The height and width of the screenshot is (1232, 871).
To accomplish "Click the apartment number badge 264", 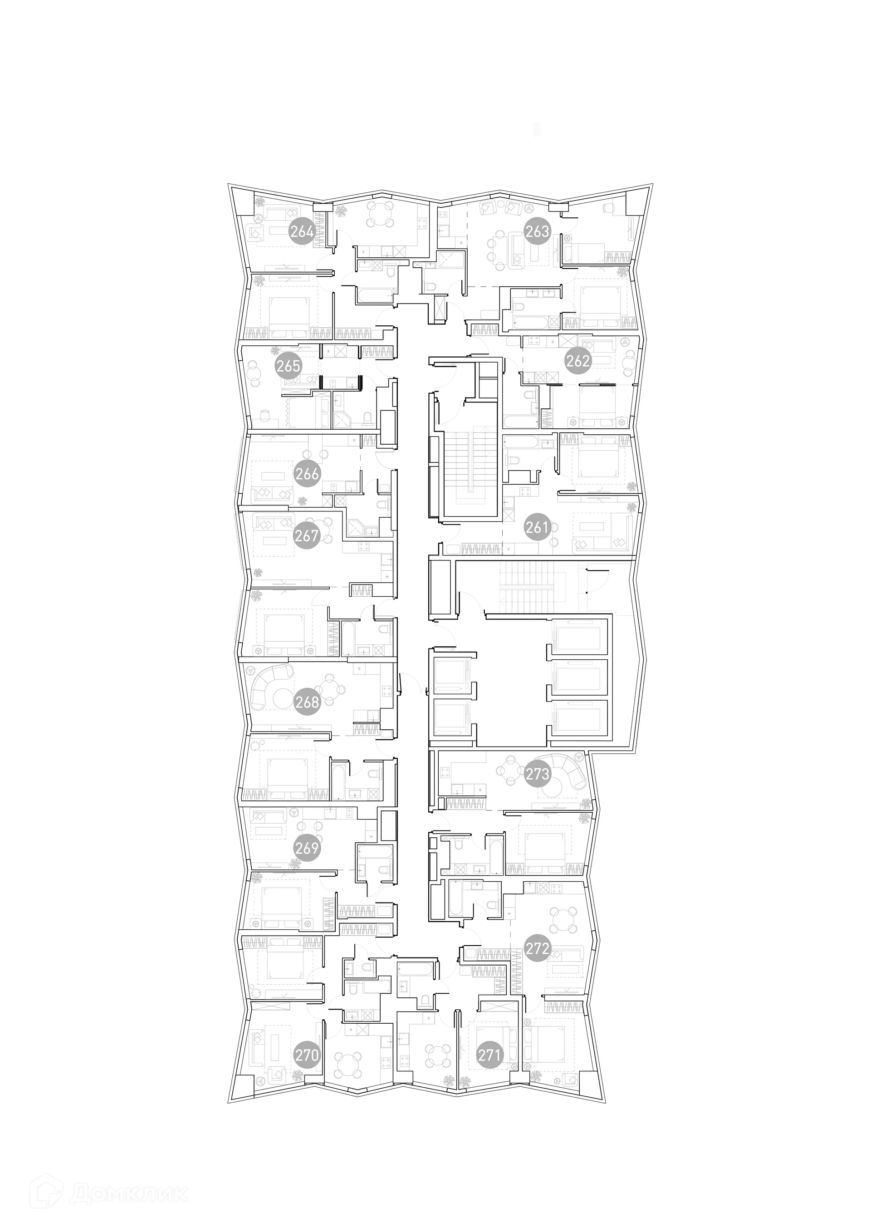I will point(302,232).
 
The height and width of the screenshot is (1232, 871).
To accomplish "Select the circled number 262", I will point(577,361).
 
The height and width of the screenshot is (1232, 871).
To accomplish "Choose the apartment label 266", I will point(307,474).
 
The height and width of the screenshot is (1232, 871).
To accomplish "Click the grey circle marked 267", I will point(306,535).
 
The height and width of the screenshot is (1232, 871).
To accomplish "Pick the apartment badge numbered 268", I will point(307,702).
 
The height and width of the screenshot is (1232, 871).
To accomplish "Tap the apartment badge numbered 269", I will point(307,848).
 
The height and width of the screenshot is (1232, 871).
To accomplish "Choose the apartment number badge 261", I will point(537,527).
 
